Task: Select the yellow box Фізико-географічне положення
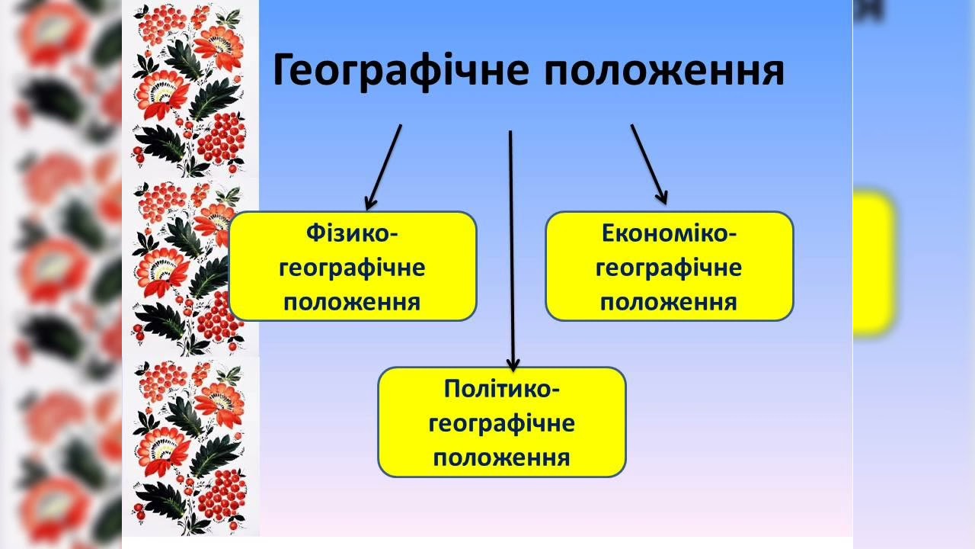point(353,265)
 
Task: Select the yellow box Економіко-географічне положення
point(670,265)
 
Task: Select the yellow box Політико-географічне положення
point(502,422)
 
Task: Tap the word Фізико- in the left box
point(353,232)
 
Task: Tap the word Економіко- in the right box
point(670,232)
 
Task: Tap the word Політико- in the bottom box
point(502,389)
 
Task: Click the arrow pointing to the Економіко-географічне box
point(647,164)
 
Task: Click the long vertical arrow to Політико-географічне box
point(511,244)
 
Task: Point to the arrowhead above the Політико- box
point(513,364)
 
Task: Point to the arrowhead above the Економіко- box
point(662,197)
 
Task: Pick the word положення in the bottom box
point(502,457)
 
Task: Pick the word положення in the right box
point(670,301)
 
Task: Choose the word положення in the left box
point(353,301)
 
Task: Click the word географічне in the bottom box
point(502,423)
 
